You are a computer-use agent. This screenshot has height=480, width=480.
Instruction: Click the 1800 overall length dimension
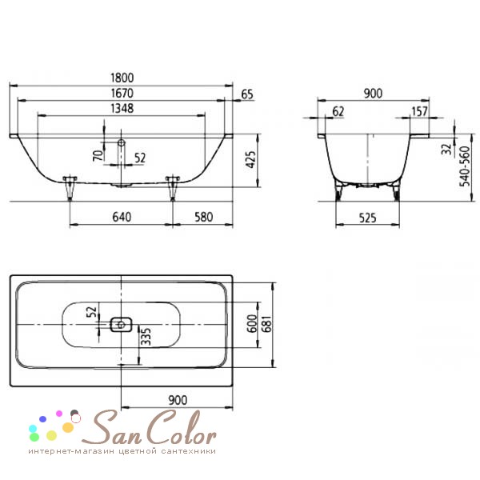tap(122, 78)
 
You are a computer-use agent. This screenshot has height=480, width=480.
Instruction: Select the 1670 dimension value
tap(122, 93)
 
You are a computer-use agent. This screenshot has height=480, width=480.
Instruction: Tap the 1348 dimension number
tap(122, 108)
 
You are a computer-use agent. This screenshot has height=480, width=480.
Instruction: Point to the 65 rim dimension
tap(247, 94)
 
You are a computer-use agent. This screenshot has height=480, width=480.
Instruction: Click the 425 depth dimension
tap(250, 159)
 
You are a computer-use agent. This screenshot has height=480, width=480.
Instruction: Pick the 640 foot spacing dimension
tap(122, 217)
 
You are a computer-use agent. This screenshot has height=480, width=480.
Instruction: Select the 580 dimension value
tap(203, 217)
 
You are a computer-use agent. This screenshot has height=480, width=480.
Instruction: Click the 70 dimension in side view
tap(98, 155)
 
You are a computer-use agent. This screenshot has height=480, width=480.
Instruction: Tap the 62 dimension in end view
tap(338, 111)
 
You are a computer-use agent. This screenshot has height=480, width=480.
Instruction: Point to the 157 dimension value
tap(419, 111)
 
